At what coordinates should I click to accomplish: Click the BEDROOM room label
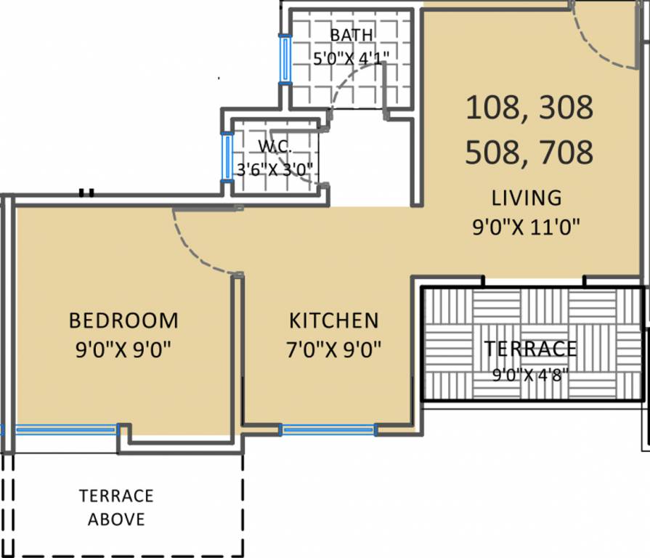point(123,320)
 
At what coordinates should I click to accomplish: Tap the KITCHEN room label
point(333,320)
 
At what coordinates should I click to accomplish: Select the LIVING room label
point(527,198)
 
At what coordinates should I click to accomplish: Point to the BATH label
point(351,35)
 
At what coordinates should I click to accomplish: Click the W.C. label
point(275,146)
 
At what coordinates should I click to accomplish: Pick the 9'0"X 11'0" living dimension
point(526,227)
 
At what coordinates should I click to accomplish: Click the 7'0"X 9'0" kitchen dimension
point(333,349)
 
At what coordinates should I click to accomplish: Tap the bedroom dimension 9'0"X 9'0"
point(123,349)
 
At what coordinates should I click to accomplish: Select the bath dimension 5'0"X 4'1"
point(351,58)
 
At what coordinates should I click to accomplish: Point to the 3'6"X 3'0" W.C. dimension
point(275,169)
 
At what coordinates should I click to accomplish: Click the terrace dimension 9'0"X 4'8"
point(530,375)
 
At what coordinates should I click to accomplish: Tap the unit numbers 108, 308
point(529,108)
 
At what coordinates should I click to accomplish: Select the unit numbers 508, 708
point(529,152)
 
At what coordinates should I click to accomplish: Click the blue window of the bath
point(285,60)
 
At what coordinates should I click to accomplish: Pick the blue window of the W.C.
point(227,157)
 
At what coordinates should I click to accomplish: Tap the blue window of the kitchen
point(328,430)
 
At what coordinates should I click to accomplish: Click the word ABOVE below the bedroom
point(116,519)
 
